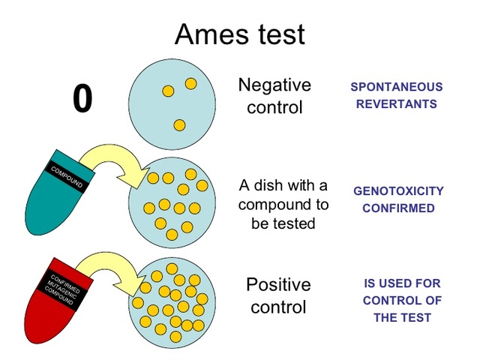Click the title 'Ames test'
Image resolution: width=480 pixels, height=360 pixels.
tap(239, 34)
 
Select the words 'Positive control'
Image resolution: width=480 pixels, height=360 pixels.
tap(277, 295)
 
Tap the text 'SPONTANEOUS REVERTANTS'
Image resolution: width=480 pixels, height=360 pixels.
tap(397, 96)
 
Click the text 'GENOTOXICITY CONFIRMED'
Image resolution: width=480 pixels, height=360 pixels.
tap(398, 199)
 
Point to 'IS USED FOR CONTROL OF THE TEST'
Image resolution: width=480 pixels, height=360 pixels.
tap(402, 300)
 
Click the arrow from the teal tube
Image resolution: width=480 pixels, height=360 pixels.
tap(112, 161)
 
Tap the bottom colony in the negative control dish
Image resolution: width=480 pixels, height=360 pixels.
tap(179, 125)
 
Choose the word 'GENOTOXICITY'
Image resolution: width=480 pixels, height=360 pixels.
tap(398, 191)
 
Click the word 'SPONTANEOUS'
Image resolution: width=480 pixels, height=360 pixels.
tap(397, 87)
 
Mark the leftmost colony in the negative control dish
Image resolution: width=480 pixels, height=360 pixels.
tap(168, 91)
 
